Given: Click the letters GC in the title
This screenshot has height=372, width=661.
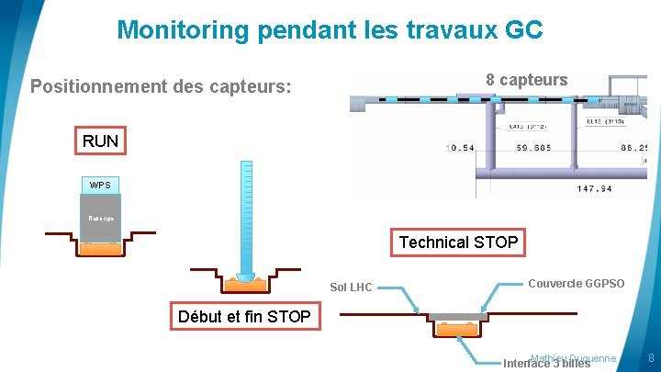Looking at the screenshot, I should [x=523, y=30].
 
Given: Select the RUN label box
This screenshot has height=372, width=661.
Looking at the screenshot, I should [x=100, y=141].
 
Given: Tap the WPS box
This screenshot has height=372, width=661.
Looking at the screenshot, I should [x=100, y=186].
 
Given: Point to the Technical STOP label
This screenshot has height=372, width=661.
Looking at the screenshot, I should [x=458, y=242].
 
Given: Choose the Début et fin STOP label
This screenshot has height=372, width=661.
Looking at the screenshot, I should [x=244, y=318].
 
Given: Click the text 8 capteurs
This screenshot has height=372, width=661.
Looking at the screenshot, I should [x=527, y=80].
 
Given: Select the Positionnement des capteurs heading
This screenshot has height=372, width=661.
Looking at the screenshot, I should [x=162, y=87].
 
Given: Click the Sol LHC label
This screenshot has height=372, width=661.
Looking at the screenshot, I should [x=351, y=287].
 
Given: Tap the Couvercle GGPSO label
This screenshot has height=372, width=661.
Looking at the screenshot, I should [x=577, y=284].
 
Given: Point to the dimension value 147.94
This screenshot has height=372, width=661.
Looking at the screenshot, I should [x=594, y=189].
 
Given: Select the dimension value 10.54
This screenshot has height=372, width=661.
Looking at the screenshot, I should [x=460, y=148].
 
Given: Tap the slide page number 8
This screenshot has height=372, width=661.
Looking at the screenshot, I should [x=650, y=357].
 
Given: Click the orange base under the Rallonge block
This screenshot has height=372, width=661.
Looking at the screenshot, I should [x=100, y=248].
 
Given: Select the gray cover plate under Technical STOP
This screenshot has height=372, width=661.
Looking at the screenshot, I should [x=457, y=316].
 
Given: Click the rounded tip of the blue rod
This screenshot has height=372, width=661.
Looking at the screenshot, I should [x=245, y=276].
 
